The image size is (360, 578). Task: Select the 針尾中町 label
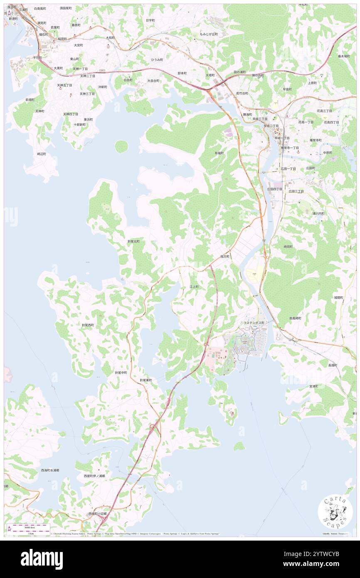[x=121, y=373]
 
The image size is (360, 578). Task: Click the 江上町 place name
[x=194, y=287]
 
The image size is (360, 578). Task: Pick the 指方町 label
[x=225, y=257]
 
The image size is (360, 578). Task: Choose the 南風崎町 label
[x=295, y=318]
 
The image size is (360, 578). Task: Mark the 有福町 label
[x=219, y=153]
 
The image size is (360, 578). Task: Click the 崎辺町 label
[x=42, y=153]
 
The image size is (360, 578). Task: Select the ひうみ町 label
[x=157, y=60]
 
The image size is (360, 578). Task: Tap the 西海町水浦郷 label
[x=50, y=470]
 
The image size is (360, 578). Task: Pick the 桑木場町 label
[x=344, y=56]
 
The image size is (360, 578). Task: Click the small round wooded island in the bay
[x=121, y=146]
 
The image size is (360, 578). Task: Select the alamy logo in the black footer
[x=42, y=559]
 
